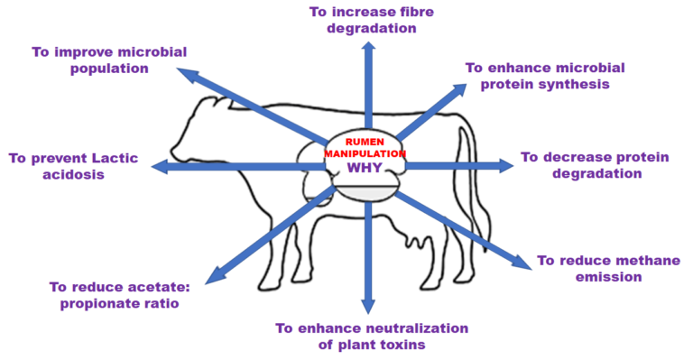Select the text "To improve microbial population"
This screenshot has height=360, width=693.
109,60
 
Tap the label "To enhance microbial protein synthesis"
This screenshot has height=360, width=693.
544,76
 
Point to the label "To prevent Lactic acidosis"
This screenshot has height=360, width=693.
73,166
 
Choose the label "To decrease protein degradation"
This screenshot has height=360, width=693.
595,165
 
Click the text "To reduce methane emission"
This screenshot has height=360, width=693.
607,268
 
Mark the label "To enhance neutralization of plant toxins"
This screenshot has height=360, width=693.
372,335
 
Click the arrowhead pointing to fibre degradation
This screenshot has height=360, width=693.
368,46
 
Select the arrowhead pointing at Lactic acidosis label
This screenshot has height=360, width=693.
160,166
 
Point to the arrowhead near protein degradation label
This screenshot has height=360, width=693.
504,165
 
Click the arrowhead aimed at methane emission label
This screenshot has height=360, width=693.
523,262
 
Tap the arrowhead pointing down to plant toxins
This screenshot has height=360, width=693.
368,306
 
